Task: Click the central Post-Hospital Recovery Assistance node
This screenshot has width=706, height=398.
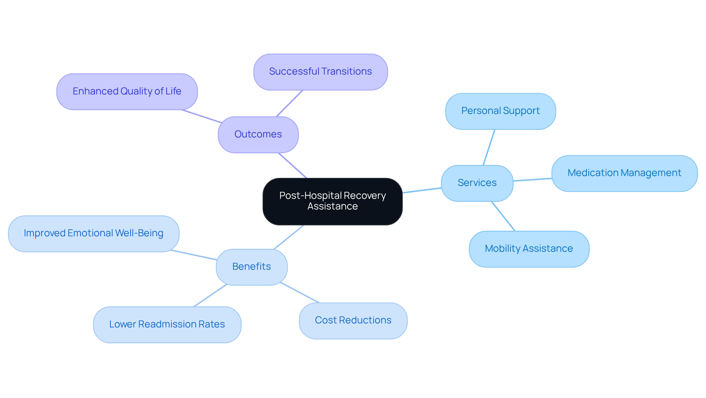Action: [x=332, y=201]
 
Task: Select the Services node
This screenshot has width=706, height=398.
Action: [x=477, y=183]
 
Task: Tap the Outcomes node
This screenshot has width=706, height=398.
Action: [x=258, y=135]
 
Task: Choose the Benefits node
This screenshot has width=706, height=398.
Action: [x=252, y=267]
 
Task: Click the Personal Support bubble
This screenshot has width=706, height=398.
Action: [x=500, y=111]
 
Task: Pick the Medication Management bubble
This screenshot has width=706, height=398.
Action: [x=624, y=173]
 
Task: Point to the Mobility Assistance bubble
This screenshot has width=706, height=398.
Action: [x=529, y=249]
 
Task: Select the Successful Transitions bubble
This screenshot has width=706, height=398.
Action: [x=320, y=72]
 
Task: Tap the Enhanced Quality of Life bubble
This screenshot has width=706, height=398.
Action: [x=127, y=92]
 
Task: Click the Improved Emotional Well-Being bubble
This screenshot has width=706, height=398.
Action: [x=93, y=233]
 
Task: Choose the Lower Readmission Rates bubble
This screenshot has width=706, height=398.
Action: [x=167, y=325]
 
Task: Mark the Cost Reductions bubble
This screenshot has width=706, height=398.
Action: [x=353, y=320]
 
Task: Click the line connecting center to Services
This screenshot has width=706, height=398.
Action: [x=422, y=190]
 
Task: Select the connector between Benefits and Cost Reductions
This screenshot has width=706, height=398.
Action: [x=300, y=293]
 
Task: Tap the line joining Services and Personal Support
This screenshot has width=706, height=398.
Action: [x=489, y=147]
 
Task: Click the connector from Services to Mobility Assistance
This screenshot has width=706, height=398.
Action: [x=503, y=216]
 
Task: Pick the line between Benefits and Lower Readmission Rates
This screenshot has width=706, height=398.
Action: [x=210, y=295]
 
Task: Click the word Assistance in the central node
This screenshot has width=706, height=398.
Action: [x=332, y=207]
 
